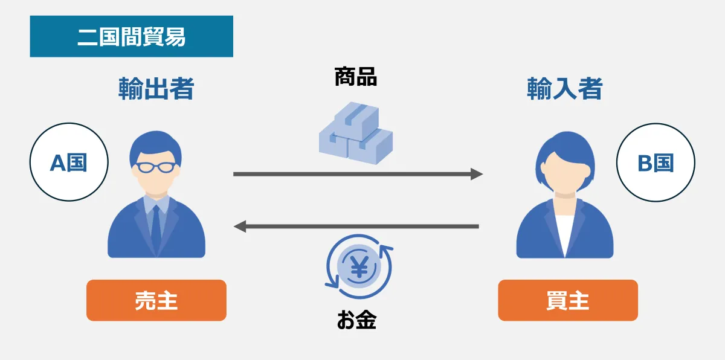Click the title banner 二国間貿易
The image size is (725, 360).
(x=131, y=37)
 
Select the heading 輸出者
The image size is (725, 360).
(x=156, y=89)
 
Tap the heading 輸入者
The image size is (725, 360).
(x=565, y=89)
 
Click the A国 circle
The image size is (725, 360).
(x=69, y=162)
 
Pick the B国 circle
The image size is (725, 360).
(x=656, y=162)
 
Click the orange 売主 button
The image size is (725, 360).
(x=156, y=300)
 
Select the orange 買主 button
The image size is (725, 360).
(x=567, y=300)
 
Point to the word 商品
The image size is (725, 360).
(x=356, y=77)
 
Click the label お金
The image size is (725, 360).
(x=356, y=320)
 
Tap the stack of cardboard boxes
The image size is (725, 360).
(x=356, y=134)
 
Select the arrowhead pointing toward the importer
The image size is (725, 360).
(x=477, y=174)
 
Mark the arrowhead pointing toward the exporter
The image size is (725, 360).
(x=240, y=227)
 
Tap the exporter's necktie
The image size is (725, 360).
(x=156, y=227)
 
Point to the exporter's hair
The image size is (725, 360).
(x=155, y=144)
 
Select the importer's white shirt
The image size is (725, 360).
(x=565, y=233)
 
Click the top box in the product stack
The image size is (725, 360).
(x=356, y=117)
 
